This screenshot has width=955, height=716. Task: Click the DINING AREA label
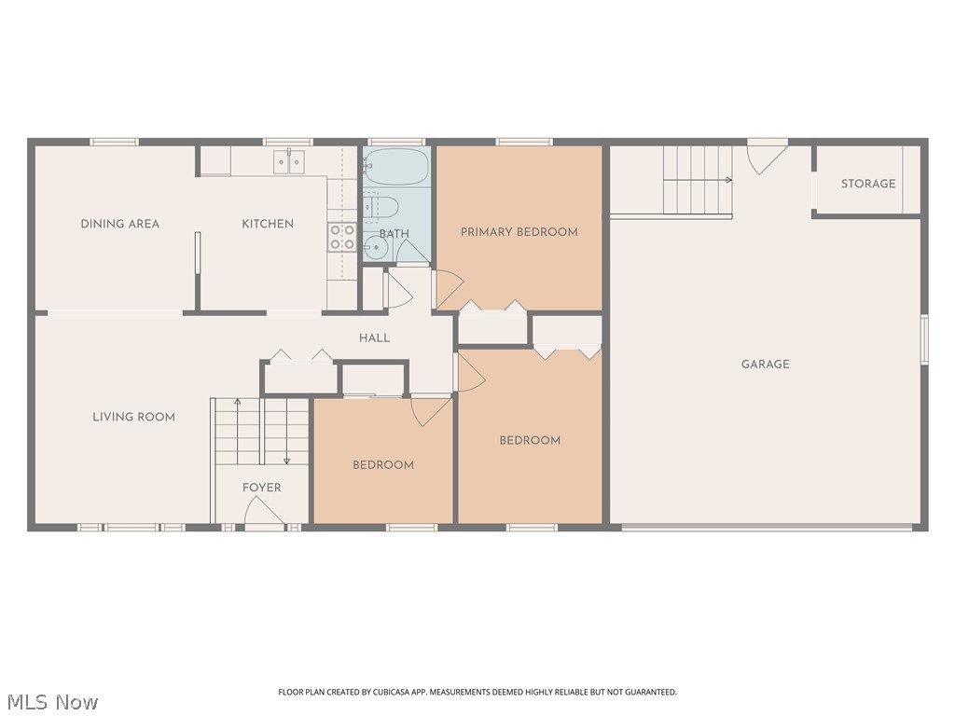pos(119,224)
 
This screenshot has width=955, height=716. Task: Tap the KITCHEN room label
pos(268,224)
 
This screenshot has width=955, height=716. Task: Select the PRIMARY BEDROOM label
pos(519,232)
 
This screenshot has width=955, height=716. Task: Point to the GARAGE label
pos(765,365)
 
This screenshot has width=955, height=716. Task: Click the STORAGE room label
pos(867,184)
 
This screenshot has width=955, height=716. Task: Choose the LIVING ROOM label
pos(133,417)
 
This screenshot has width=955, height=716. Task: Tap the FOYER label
pos(261,488)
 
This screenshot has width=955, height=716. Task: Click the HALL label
pos(374,338)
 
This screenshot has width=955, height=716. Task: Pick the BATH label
pos(394,234)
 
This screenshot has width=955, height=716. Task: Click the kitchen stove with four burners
pos(342,237)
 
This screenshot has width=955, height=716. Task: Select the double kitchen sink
pos(289,163)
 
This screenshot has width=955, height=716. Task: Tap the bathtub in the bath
pos(395,169)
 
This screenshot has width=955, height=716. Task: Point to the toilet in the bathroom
pos(382,206)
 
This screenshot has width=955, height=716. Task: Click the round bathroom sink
pos(375,248)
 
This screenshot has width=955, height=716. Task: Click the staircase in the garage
pos(697,179)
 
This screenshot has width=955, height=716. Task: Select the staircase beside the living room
pos(261,431)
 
